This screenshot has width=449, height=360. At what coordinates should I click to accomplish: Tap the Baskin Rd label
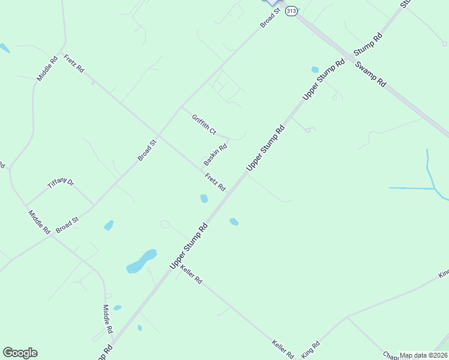pyautogui.click(x=215, y=155)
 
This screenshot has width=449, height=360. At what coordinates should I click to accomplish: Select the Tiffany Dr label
pyautogui.click(x=61, y=184)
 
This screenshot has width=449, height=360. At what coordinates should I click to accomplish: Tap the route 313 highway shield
pyautogui.click(x=291, y=11)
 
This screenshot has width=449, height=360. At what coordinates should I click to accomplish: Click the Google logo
pyautogui.click(x=20, y=353)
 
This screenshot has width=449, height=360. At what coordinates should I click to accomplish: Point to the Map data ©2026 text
pyautogui.click(x=423, y=355)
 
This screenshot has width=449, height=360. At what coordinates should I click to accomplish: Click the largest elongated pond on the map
pyautogui.click(x=142, y=261)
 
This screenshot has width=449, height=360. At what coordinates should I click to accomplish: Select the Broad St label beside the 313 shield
pyautogui.click(x=270, y=17)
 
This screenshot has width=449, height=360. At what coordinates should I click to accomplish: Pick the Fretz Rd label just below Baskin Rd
pyautogui.click(x=215, y=182)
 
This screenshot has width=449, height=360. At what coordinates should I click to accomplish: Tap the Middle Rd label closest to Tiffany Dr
pyautogui.click(x=39, y=221)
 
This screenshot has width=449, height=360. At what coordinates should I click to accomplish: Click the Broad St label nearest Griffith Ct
pyautogui.click(x=147, y=150)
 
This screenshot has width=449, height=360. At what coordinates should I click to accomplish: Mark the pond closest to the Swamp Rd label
pyautogui.click(x=315, y=70)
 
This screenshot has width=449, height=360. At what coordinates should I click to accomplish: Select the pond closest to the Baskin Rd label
pyautogui.click(x=204, y=198)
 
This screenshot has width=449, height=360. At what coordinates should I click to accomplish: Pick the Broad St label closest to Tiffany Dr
pyautogui.click(x=67, y=226)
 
